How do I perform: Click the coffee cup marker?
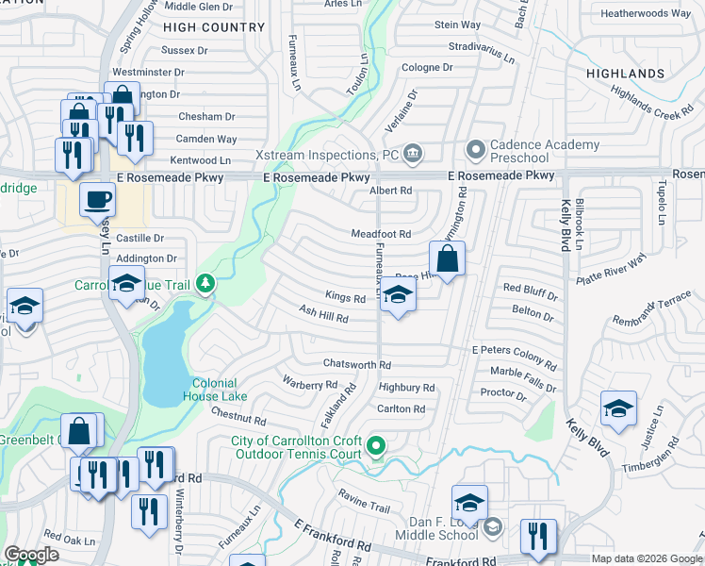point(97,200)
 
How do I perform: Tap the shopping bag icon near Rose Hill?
point(448,258)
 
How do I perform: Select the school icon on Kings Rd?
point(398,296)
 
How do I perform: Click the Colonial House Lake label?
point(220,390)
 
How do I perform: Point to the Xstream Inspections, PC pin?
point(413,153)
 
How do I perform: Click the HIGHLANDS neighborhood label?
point(625,74)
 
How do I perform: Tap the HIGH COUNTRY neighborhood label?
point(220,27)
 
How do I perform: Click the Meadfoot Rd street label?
point(382,234)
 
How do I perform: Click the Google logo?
point(31,556)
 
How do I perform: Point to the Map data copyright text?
point(647,559)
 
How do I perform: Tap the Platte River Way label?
point(613,260)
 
